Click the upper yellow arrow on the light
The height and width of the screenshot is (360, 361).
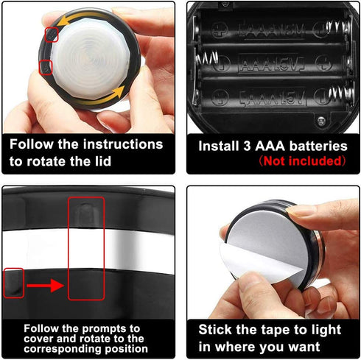[81, 17]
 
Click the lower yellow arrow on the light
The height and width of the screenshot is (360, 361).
[103, 98]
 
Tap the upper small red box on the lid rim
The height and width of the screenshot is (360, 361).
[52, 35]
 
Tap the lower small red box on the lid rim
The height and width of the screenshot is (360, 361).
[46, 68]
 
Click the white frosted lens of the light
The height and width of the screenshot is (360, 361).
[91, 60]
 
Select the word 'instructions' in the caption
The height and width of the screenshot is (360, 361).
[123, 144]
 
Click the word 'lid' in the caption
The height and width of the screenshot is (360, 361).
[103, 161]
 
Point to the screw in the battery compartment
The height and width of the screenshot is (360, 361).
[321, 120]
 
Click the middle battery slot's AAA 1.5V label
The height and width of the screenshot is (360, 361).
[271, 65]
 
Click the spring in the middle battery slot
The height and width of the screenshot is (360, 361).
[206, 59]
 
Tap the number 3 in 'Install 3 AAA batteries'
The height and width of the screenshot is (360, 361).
[247, 146]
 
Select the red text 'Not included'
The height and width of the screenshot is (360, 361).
[303, 161]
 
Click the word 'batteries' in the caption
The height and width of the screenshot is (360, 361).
[318, 146]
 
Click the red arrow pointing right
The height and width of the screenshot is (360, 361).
[46, 286]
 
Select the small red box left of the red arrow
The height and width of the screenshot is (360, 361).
[14, 283]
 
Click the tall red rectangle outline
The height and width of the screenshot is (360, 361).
[69, 248]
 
